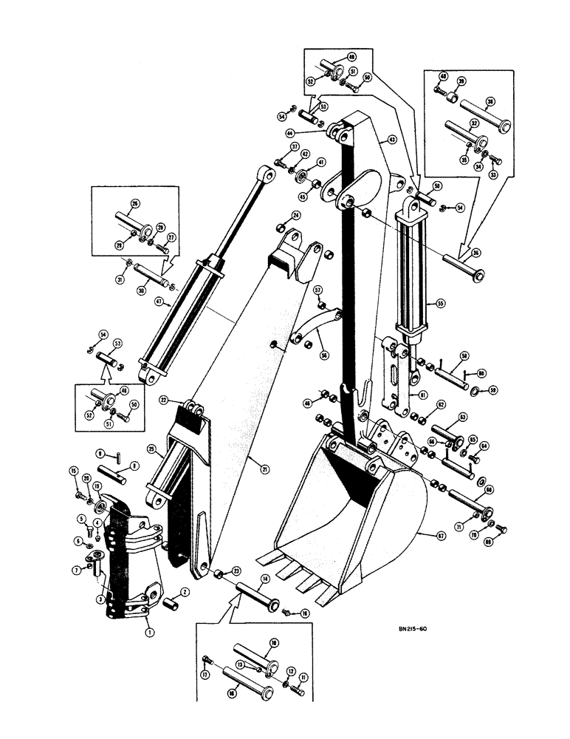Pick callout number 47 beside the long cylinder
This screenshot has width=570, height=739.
click(x=159, y=301)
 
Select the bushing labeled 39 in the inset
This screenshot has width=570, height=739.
click(x=451, y=97)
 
